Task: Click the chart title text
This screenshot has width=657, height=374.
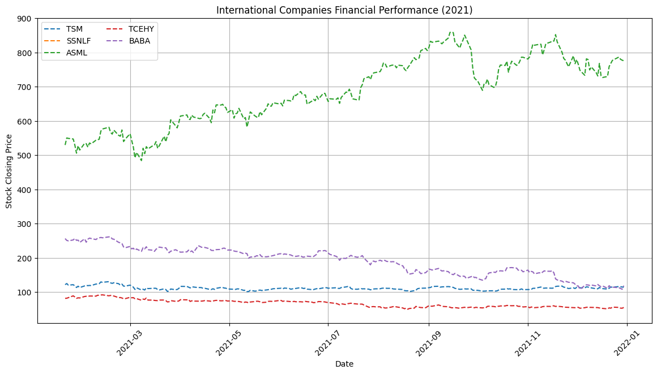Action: pos(344,10)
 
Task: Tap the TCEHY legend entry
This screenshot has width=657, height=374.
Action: pos(141,28)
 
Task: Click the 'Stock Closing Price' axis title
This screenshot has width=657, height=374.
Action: pos(10,171)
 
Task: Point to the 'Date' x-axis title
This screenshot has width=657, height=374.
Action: pos(344,364)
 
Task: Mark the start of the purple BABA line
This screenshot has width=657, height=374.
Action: pos(65,239)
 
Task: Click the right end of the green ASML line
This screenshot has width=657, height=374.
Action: pos(624,61)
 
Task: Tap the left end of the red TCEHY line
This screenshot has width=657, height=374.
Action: pos(65,298)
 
